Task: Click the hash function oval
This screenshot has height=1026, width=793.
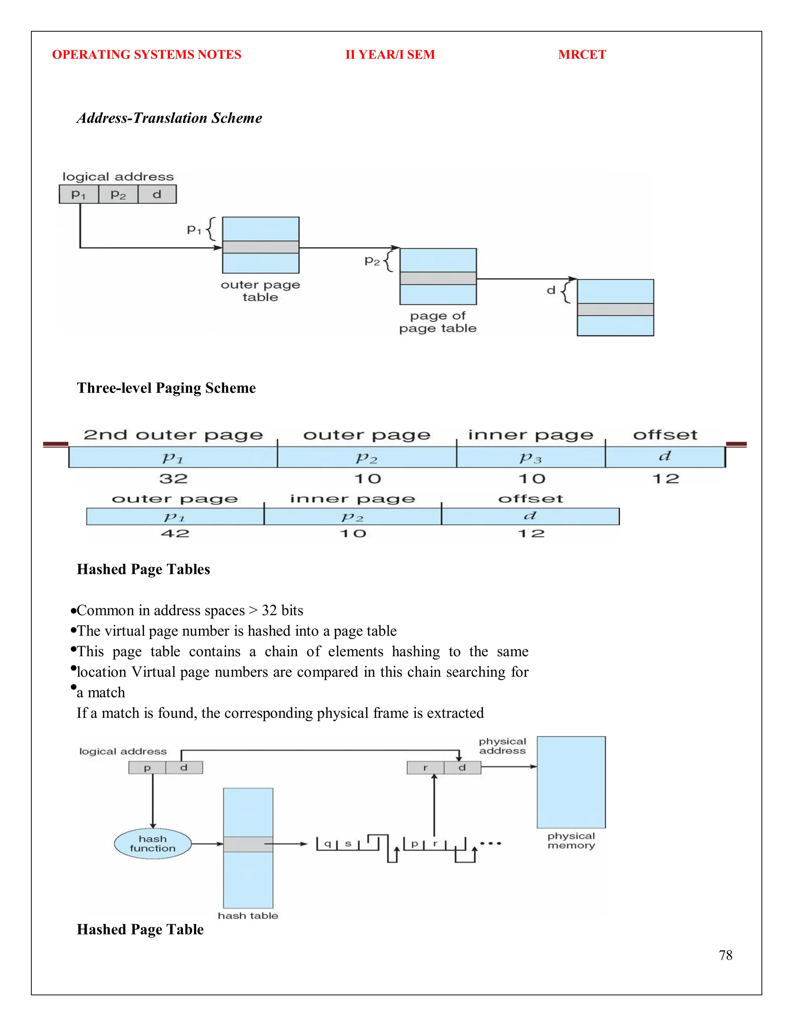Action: [x=153, y=844]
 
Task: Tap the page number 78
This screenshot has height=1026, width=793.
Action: [x=725, y=955]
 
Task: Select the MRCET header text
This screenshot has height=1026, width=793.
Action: [x=582, y=55]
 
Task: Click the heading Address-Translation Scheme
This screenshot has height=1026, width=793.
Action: [x=169, y=118]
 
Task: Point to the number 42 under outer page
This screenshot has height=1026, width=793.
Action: [x=175, y=534]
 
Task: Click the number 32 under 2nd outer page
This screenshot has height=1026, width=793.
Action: [x=173, y=479]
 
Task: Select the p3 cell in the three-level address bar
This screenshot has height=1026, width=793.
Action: [x=530, y=458]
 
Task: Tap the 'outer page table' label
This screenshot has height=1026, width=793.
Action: [x=260, y=291]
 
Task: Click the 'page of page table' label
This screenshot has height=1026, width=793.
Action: [x=438, y=322]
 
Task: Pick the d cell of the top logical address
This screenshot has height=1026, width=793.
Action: [x=157, y=194]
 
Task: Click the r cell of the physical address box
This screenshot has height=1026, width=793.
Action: [x=425, y=768]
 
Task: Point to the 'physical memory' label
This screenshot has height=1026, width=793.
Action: [x=571, y=841]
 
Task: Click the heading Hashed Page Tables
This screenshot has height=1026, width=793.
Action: [x=143, y=570]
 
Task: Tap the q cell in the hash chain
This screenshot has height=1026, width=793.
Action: [x=328, y=844]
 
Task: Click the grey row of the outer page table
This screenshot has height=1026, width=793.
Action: [x=261, y=247]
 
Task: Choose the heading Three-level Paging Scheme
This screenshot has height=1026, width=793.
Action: [x=166, y=388]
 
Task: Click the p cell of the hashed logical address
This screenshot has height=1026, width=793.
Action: [x=147, y=768]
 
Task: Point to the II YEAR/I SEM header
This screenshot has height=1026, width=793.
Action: [x=390, y=55]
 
